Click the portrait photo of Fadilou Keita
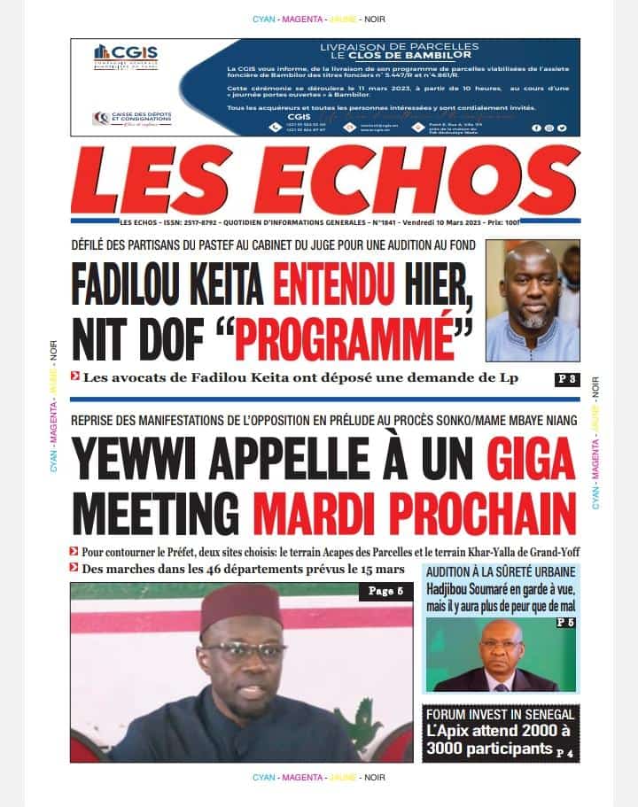(x=533, y=300)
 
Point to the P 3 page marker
(x=567, y=380)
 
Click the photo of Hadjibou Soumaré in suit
(x=501, y=656)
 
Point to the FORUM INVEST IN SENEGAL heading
(x=501, y=714)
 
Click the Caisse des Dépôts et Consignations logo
(x=133, y=119)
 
